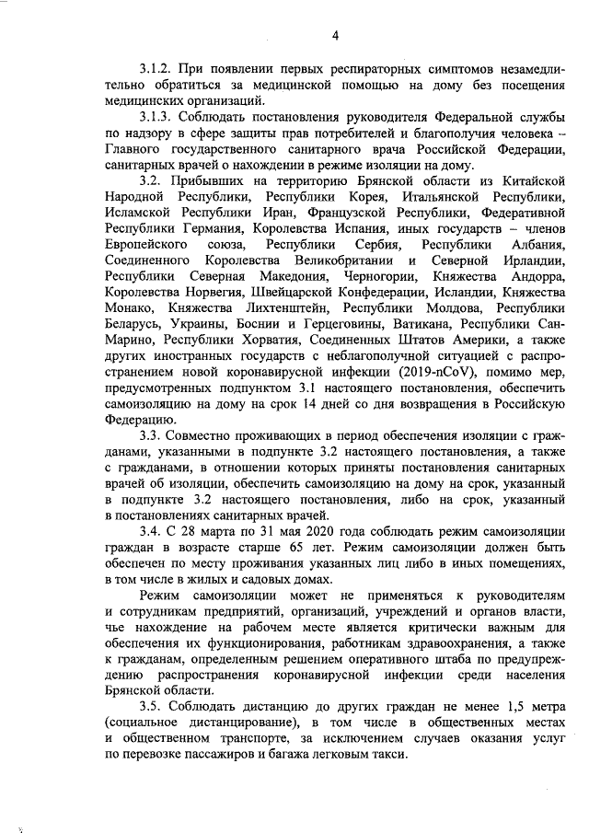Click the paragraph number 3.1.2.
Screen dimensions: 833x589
158,69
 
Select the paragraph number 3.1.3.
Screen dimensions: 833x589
158,120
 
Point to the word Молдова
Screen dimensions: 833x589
444,311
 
